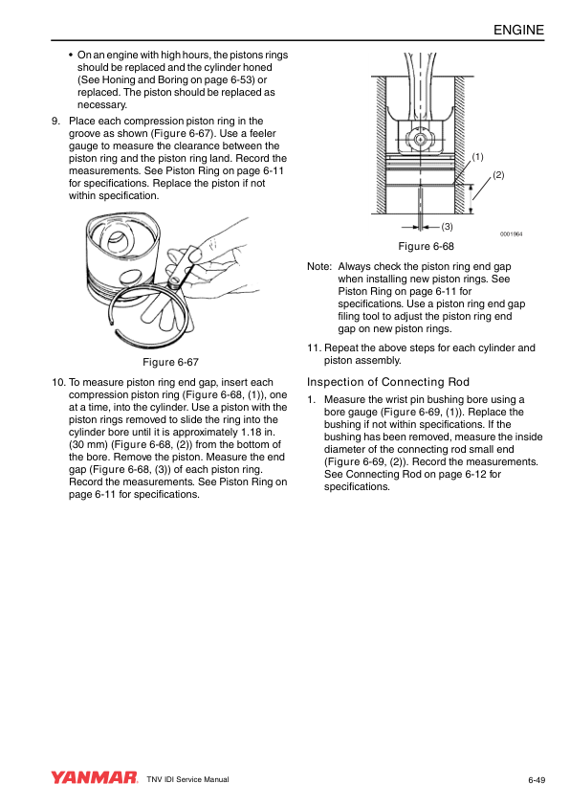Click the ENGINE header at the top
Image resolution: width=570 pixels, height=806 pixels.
click(518, 30)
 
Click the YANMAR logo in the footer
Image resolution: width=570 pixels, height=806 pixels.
click(95, 777)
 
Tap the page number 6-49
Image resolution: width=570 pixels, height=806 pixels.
click(537, 780)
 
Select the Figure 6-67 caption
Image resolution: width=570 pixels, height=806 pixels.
click(170, 362)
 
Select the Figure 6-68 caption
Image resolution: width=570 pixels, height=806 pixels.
click(427, 246)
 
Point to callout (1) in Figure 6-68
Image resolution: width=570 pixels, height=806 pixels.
click(477, 157)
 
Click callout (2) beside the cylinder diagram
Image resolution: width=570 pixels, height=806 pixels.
click(498, 175)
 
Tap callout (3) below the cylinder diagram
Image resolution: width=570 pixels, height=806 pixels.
click(447, 226)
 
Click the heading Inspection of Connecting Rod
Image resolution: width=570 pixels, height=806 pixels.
click(388, 382)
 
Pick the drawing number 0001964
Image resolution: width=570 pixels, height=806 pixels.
click(512, 235)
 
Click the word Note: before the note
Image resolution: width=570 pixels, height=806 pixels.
click(319, 266)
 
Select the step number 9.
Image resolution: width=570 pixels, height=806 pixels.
click(56, 121)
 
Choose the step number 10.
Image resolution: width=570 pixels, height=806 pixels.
click(58, 382)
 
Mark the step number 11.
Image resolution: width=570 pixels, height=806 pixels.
click(315, 347)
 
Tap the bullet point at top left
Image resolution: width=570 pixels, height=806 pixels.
click(71, 55)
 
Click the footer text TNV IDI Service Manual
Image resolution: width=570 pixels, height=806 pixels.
click(188, 779)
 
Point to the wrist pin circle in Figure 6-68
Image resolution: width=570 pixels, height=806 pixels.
click(420, 139)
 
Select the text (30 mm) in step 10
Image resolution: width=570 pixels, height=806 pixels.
click(88, 444)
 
